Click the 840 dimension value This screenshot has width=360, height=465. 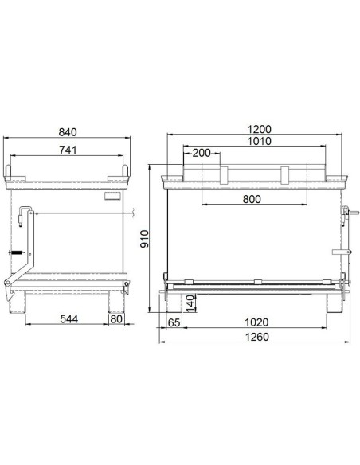pyautogui.click(x=68, y=132)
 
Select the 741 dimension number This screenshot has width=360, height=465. pyautogui.click(x=68, y=150)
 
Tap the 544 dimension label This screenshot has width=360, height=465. pyautogui.click(x=69, y=319)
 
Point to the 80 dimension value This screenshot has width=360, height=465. pyautogui.click(x=116, y=319)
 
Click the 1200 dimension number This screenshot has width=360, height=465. pyautogui.click(x=260, y=129)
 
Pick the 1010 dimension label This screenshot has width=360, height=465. pyautogui.click(x=260, y=141)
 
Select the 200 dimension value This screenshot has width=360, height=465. pyautogui.click(x=202, y=153)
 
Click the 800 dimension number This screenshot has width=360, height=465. pyautogui.click(x=252, y=199)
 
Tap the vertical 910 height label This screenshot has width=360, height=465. pyautogui.click(x=144, y=239)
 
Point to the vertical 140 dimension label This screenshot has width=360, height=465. pyautogui.click(x=191, y=303)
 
